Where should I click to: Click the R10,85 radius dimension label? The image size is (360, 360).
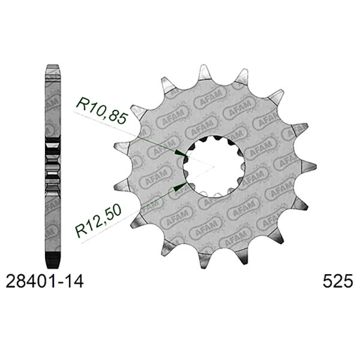(x=101, y=110)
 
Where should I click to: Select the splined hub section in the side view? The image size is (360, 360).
(x=54, y=163)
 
